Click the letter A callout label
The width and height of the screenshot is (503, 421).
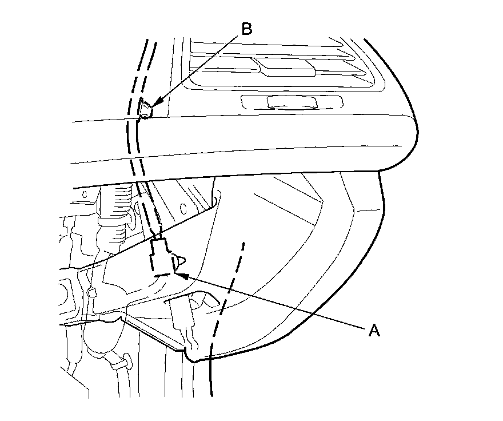coord(374,331)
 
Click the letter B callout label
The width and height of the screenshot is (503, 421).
coord(246,29)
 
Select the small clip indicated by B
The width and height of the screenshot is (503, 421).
coord(145,108)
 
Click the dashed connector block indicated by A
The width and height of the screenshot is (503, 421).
coord(162,257)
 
